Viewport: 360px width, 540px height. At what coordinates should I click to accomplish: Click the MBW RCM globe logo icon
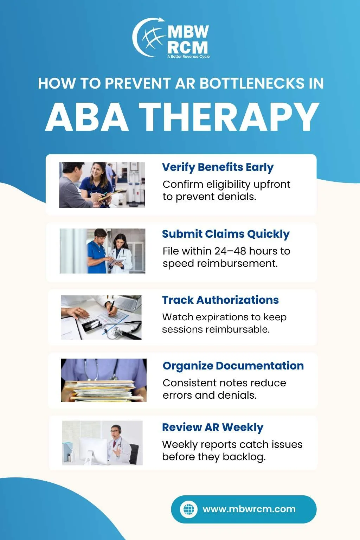point(148,37)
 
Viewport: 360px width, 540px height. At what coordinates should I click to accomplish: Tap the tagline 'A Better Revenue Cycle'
point(188,57)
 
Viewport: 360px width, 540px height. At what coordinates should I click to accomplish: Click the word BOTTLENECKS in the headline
point(252,83)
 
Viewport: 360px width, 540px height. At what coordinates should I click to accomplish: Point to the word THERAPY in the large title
point(229,117)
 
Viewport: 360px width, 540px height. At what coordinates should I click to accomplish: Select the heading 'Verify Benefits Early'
point(218,167)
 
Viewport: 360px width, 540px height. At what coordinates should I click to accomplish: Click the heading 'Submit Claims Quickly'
point(226,234)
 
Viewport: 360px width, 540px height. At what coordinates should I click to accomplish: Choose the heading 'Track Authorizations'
point(220,300)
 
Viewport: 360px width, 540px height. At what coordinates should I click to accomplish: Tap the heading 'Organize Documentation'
point(233,366)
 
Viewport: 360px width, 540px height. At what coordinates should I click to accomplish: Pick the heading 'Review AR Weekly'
point(213,427)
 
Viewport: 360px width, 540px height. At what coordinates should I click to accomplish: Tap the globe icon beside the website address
point(188,509)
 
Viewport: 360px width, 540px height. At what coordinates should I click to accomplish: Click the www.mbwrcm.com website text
point(249,509)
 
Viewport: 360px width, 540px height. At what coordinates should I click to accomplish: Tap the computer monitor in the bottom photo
point(93,450)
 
